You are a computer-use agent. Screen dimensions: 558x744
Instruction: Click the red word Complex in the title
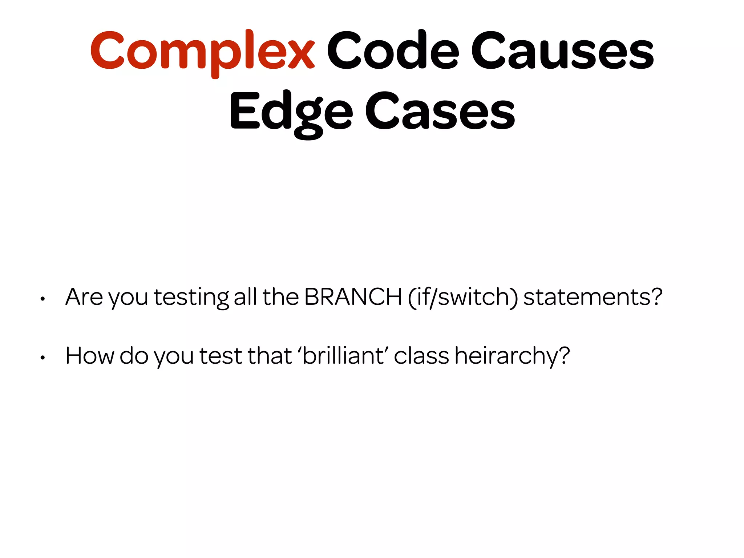[x=202, y=51]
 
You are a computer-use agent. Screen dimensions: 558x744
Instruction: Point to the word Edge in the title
[x=291, y=111]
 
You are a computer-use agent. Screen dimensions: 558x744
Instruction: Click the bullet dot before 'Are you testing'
[x=43, y=299]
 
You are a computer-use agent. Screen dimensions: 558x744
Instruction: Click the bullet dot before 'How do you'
[x=43, y=358]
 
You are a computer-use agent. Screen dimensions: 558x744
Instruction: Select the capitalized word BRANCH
[x=353, y=297]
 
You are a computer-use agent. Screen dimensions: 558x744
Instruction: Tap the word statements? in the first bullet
[x=593, y=297]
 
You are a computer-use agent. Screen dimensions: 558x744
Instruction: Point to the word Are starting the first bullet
[x=84, y=297]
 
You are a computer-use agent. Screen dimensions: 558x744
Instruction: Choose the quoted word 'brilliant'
[x=343, y=355]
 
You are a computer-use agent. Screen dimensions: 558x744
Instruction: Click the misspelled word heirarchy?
[x=512, y=356]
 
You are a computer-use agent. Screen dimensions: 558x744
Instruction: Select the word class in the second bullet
[x=421, y=355]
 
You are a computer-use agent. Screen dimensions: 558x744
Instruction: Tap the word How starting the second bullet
[x=90, y=355]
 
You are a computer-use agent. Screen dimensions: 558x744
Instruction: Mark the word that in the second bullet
[x=270, y=355]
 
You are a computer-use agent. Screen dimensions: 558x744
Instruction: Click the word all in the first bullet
[x=245, y=297]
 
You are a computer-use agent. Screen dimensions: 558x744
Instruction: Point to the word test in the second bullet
[x=221, y=355]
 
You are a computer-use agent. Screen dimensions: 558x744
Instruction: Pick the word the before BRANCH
[x=280, y=297]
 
